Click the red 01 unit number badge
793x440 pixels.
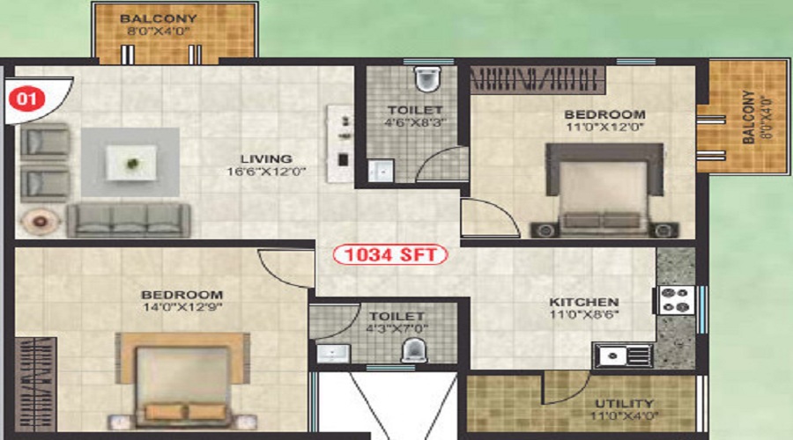[26, 98]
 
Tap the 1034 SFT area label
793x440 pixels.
[390, 254]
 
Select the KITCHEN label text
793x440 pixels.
[584, 302]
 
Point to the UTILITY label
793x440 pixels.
[624, 404]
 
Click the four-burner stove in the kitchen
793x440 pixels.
[676, 300]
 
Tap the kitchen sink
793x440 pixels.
[624, 356]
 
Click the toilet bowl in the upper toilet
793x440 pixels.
[427, 79]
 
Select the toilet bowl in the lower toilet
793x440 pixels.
[414, 350]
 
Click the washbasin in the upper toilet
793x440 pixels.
[381, 171]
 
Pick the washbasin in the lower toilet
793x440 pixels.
[333, 353]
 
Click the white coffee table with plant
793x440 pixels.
[131, 163]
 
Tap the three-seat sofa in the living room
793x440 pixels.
[129, 220]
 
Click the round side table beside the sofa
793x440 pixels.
[40, 221]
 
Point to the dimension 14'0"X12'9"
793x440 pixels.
[182, 307]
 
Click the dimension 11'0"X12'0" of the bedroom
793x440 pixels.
[604, 127]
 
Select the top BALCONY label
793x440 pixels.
[159, 18]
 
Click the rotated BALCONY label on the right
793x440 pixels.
[749, 117]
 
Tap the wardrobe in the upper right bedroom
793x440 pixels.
[537, 80]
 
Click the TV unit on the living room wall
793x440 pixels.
[339, 143]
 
